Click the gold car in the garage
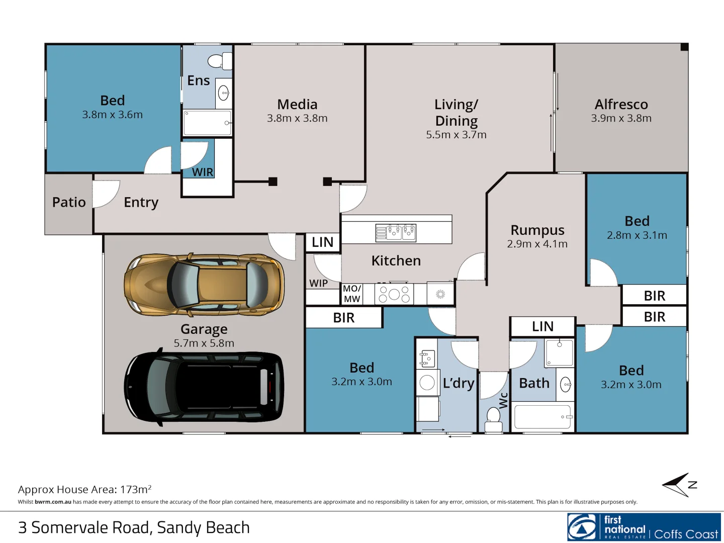click(x=204, y=285)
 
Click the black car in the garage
click(x=204, y=386)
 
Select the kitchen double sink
click(x=396, y=232)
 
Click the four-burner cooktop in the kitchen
click(x=395, y=294)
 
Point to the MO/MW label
click(x=352, y=294)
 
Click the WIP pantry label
click(x=318, y=283)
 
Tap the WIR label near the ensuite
click(x=203, y=172)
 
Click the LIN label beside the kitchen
click(x=322, y=242)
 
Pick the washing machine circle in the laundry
click(x=427, y=383)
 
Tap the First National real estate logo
click(x=644, y=527)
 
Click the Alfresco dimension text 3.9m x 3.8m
click(x=621, y=118)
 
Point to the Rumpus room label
click(x=537, y=230)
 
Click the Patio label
click(x=69, y=202)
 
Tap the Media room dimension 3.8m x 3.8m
click(x=297, y=118)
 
